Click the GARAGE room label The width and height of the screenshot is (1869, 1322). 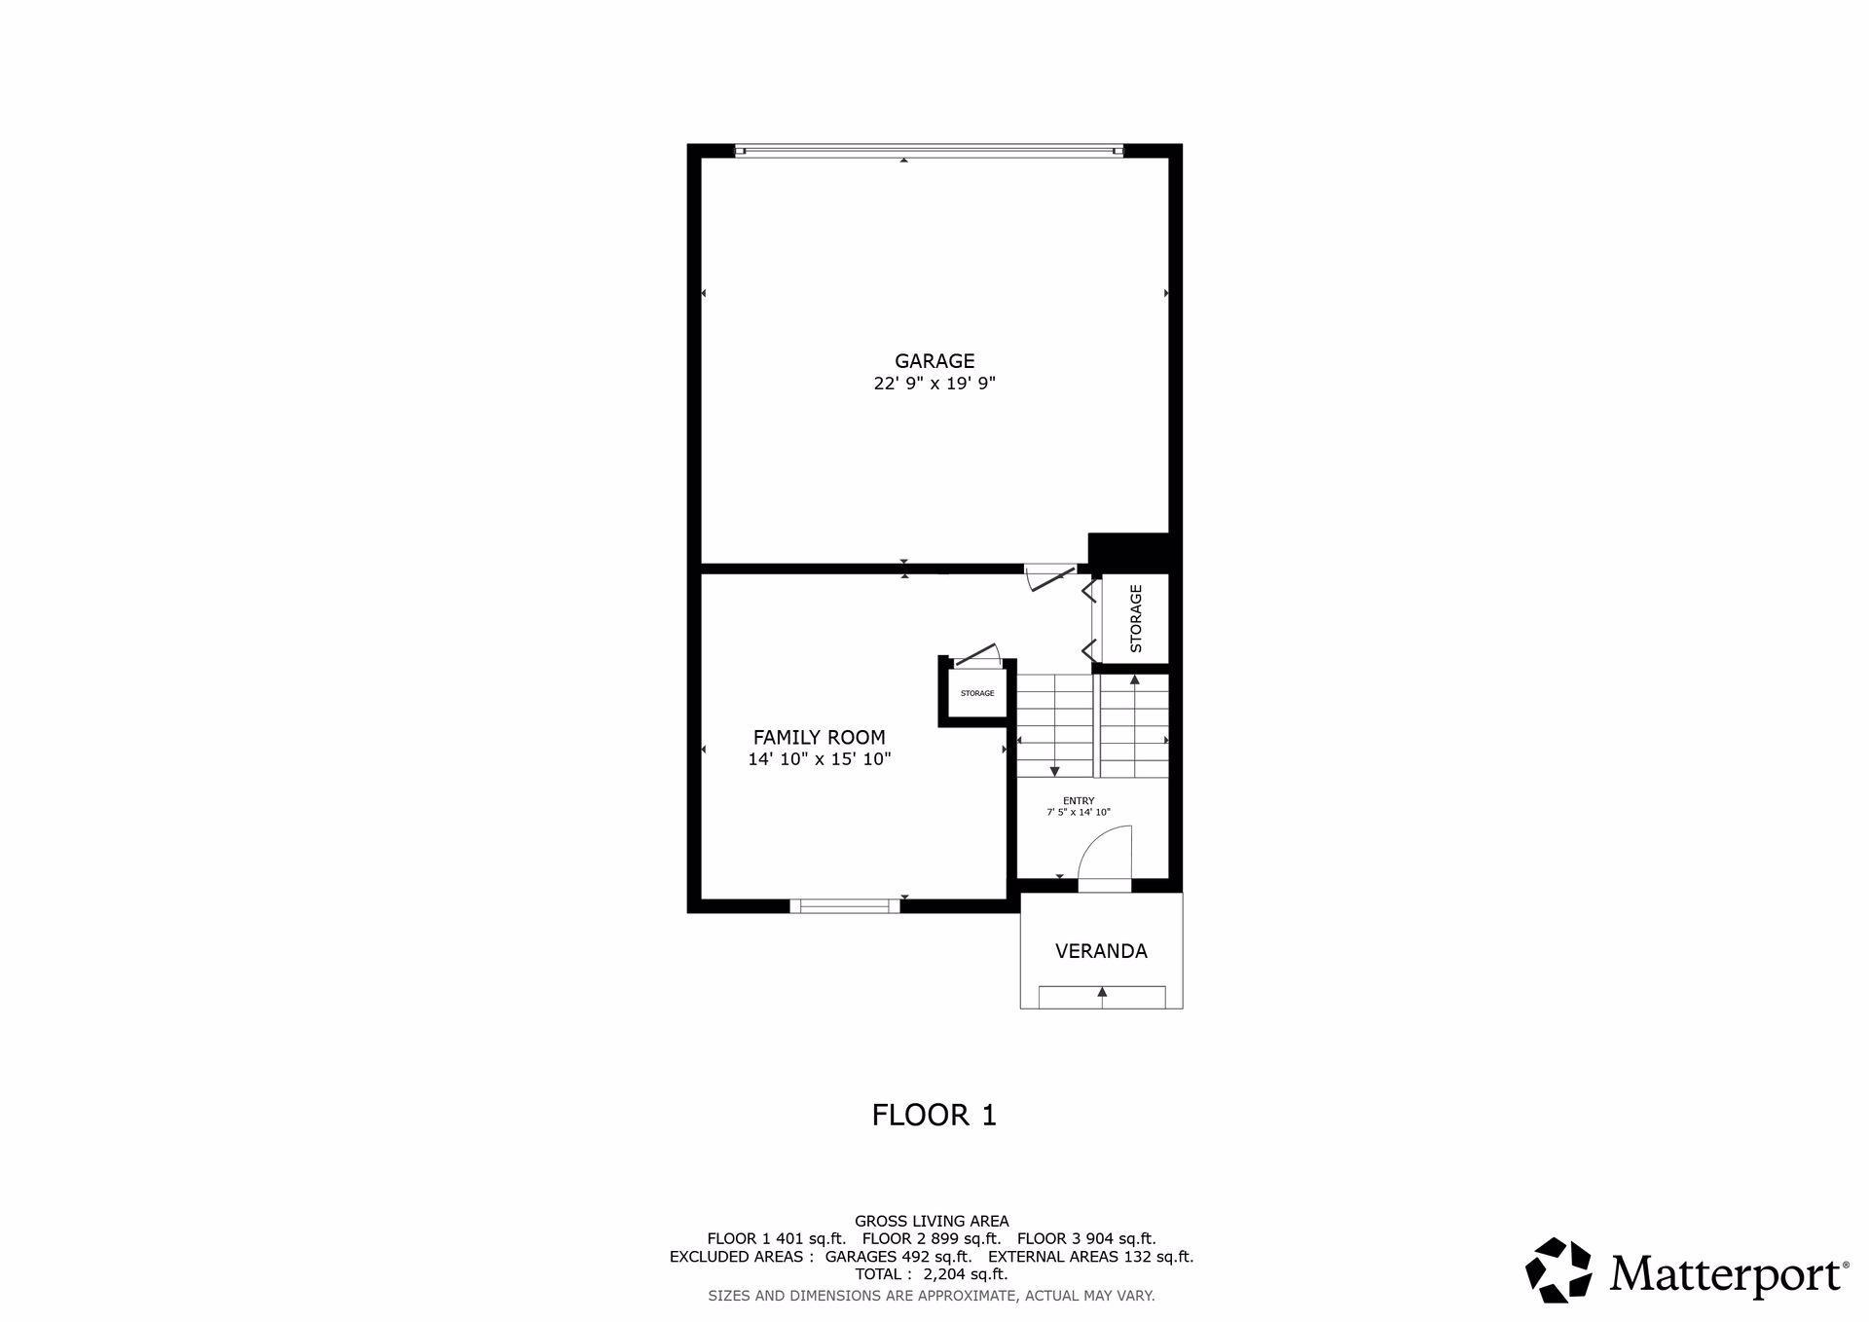tap(934, 361)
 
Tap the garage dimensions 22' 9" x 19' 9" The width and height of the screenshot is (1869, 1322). tap(934, 384)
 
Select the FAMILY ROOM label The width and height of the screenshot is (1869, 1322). tap(820, 738)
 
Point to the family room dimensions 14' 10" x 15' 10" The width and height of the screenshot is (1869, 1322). tap(820, 759)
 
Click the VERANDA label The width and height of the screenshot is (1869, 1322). tap(1101, 951)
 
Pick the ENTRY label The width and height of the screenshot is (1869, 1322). tap(1079, 801)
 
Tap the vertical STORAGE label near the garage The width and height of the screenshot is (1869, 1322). tap(1135, 618)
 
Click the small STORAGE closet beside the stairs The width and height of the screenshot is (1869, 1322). tap(977, 693)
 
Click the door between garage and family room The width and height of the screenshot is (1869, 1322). tap(1051, 578)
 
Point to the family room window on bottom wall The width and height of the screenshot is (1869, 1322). tap(844, 905)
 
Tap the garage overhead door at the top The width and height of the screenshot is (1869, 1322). tap(929, 151)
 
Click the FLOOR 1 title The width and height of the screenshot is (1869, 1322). tap(934, 1115)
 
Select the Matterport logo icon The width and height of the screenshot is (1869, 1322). tap(1557, 1269)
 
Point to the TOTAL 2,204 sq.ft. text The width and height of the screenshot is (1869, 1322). tap(932, 1273)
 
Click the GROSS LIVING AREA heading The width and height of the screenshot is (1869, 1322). tap(932, 1221)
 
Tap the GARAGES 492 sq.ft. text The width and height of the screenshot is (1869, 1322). tap(898, 1256)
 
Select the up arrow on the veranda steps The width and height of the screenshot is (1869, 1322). tap(1102, 992)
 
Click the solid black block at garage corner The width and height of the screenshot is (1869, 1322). tap(1129, 551)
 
